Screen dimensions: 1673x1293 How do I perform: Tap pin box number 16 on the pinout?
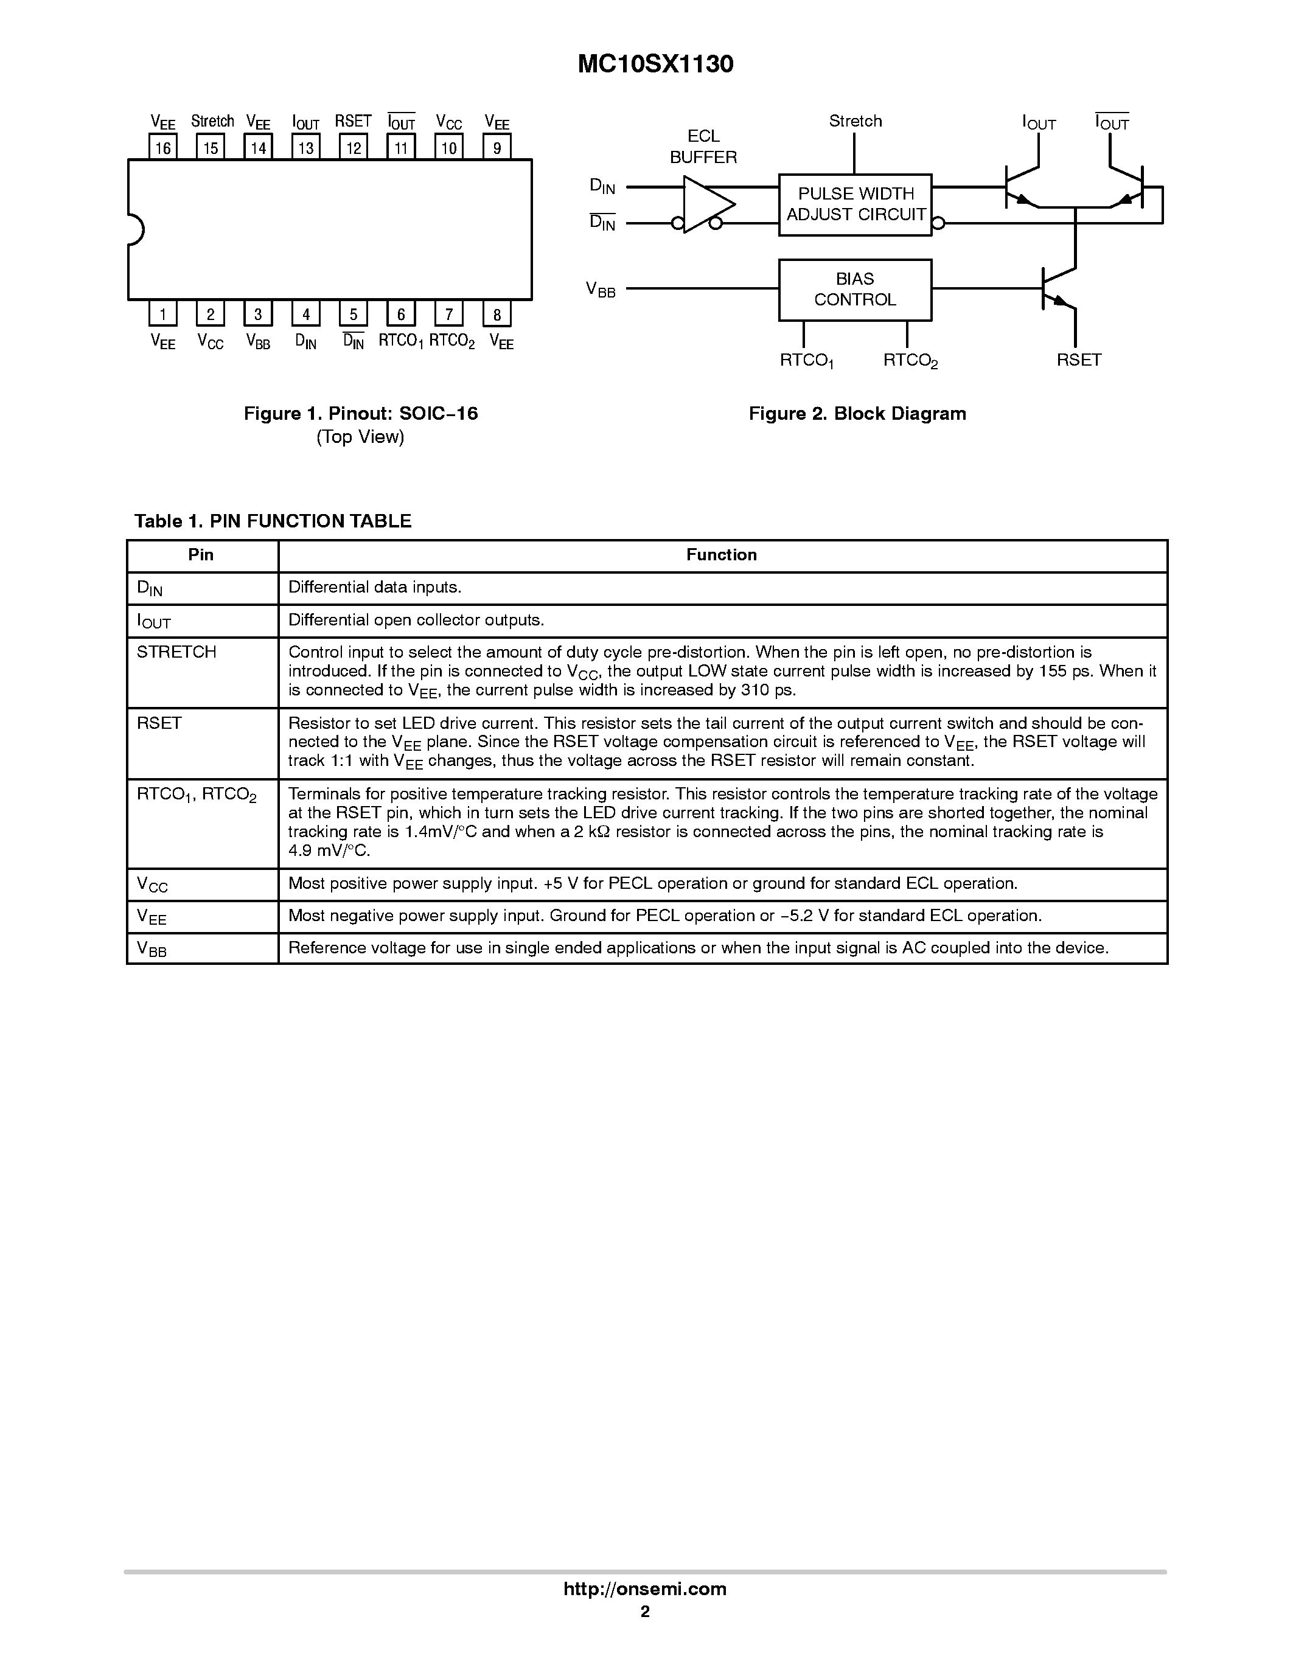[x=162, y=147]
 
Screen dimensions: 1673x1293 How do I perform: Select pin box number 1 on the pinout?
[x=162, y=313]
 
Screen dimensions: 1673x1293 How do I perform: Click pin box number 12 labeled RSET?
[x=353, y=147]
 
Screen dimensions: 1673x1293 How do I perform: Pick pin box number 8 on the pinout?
[x=497, y=313]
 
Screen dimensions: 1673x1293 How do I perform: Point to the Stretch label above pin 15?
[x=212, y=121]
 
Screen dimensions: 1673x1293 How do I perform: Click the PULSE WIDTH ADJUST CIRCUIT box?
[x=855, y=204]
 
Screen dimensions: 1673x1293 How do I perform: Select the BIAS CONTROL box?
[x=855, y=290]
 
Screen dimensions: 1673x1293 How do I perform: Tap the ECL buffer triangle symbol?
[x=706, y=204]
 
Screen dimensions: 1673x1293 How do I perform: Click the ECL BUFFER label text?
[x=703, y=146]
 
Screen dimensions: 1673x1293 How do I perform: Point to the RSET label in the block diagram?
[x=1079, y=360]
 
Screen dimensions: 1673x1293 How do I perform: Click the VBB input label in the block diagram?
[x=601, y=290]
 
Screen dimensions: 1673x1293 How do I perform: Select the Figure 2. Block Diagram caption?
[x=857, y=414]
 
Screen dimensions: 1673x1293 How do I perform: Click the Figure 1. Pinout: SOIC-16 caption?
[x=361, y=414]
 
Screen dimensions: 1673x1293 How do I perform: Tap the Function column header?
[x=722, y=555]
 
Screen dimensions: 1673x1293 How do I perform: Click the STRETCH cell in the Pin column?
[x=177, y=652]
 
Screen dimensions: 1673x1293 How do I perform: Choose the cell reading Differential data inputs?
[x=375, y=588]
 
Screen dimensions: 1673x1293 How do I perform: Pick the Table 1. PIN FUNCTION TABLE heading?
[x=273, y=521]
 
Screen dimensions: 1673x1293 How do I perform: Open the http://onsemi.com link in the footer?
[x=645, y=1588]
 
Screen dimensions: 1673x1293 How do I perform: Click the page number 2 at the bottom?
[x=645, y=1611]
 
